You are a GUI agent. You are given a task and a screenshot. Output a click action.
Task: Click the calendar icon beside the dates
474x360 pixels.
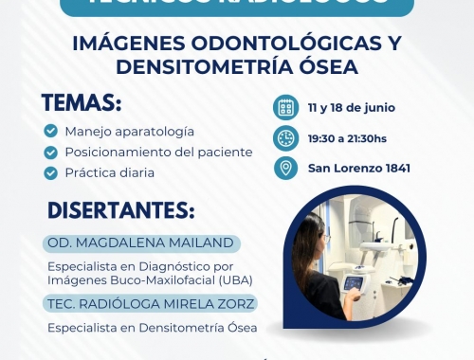point(284,106)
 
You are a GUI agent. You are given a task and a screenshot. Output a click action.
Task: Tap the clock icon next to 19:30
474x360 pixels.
point(284,137)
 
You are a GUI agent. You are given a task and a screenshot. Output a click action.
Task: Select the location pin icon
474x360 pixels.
point(284,169)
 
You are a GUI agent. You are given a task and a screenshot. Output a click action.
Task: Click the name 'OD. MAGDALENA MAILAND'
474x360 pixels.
point(139,243)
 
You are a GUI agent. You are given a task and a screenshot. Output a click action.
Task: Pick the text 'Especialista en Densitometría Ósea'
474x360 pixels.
point(152,328)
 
